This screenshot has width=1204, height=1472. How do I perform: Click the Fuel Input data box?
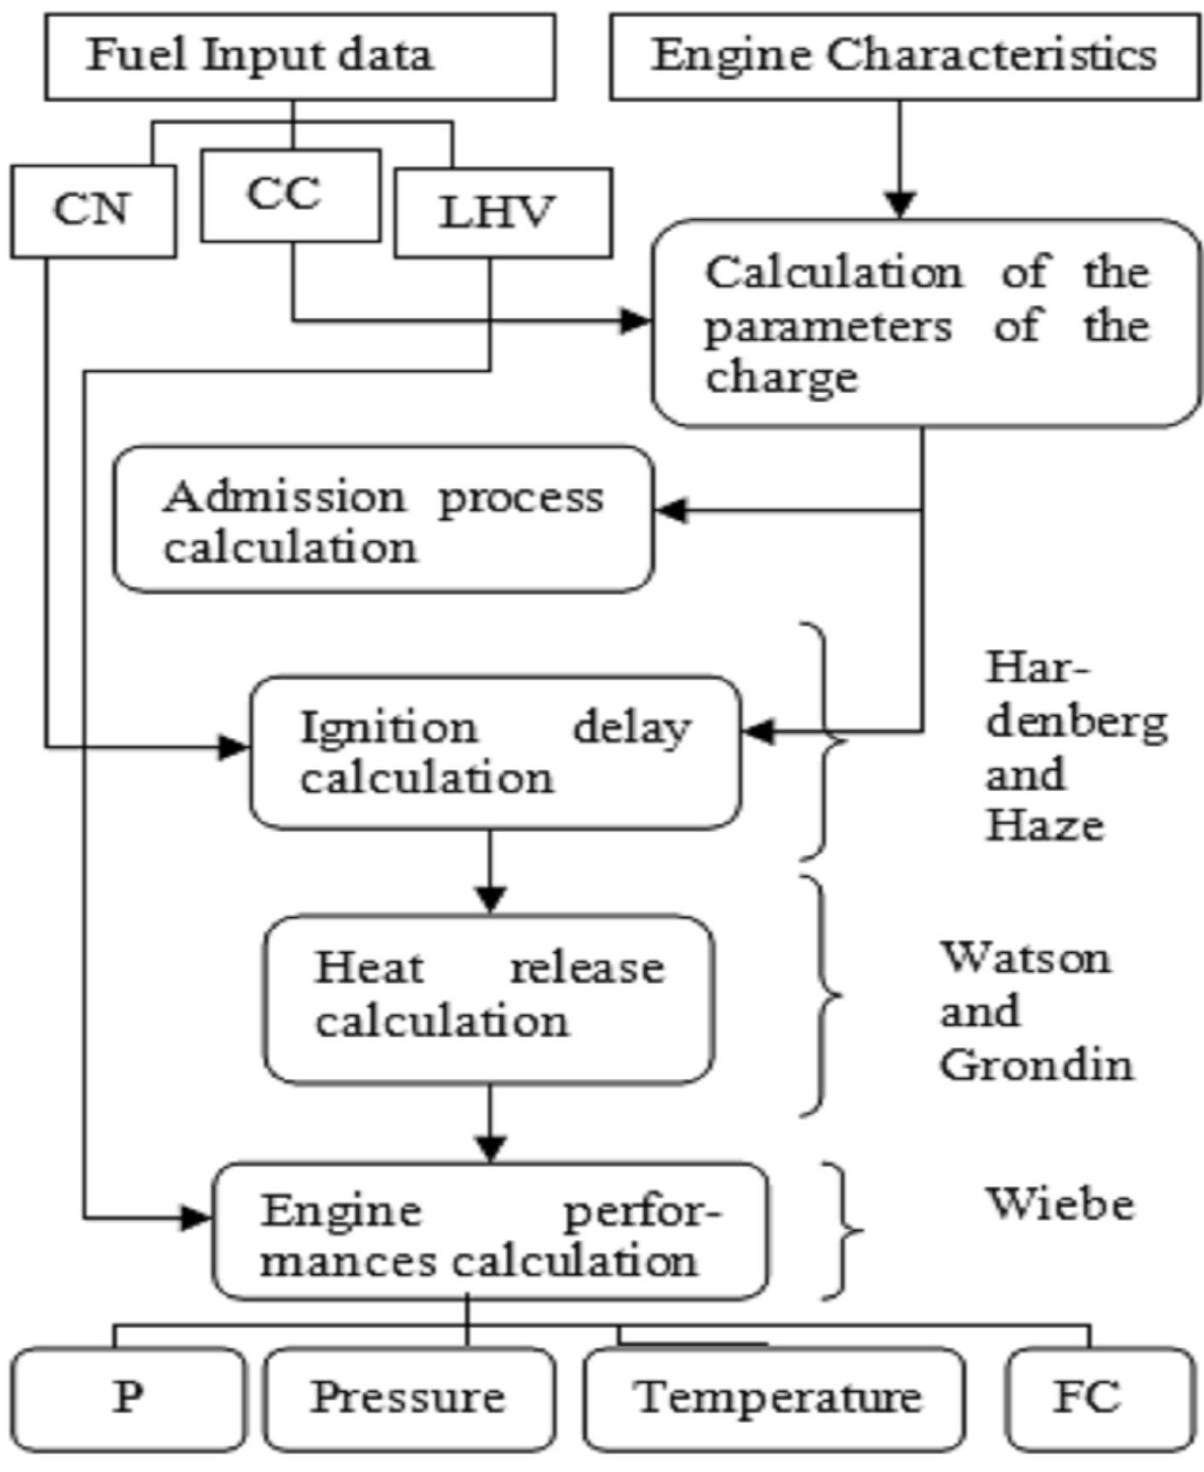tap(300, 56)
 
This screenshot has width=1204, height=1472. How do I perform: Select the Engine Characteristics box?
tap(904, 56)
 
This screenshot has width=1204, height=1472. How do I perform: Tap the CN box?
tap(93, 211)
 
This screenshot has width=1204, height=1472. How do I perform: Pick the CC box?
tap(290, 195)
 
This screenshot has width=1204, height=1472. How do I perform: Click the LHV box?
tap(503, 212)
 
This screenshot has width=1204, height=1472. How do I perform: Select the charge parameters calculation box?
tap(926, 323)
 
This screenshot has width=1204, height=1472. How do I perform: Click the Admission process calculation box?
tap(383, 519)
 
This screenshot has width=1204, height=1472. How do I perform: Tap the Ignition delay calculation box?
tap(495, 753)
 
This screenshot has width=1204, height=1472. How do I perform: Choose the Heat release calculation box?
tap(488, 999)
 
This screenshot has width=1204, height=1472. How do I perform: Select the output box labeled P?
tap(128, 1398)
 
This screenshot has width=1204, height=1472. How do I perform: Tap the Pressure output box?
tap(408, 1398)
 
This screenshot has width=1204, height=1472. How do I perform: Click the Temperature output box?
tap(775, 1398)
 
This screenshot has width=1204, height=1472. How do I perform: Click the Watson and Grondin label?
tap(1036, 1011)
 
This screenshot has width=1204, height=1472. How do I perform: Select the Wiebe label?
tap(1060, 1204)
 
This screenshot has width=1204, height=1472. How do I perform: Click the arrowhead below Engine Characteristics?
tap(901, 205)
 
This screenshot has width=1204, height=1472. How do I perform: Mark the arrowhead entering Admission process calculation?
tap(671, 511)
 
